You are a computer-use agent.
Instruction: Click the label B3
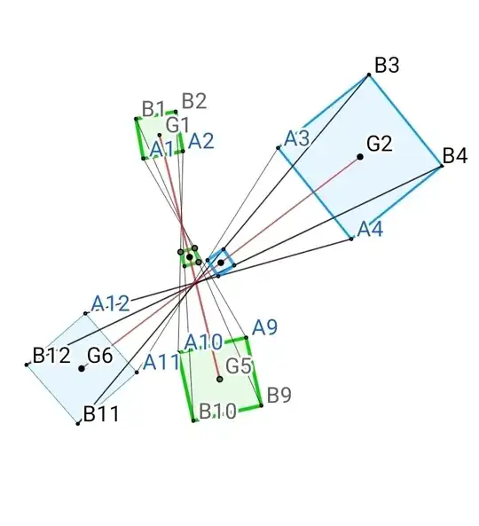click(387, 65)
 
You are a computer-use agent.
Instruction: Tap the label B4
click(454, 156)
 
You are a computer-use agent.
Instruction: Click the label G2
click(380, 143)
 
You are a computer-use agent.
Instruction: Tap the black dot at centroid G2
click(360, 157)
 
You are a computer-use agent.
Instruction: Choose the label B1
click(153, 109)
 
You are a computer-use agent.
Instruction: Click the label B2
click(194, 100)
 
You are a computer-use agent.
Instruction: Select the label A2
click(200, 140)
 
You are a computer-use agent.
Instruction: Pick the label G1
click(177, 123)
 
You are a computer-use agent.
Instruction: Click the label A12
click(111, 303)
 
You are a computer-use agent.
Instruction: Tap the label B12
click(51, 356)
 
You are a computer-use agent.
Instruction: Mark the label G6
click(99, 356)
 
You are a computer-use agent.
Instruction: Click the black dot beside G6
click(82, 368)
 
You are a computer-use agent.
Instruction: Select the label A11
click(161, 361)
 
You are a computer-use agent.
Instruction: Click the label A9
click(264, 327)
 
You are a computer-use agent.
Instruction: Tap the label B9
click(279, 394)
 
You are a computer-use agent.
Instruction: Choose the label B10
click(217, 411)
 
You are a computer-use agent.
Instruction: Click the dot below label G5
click(220, 379)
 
